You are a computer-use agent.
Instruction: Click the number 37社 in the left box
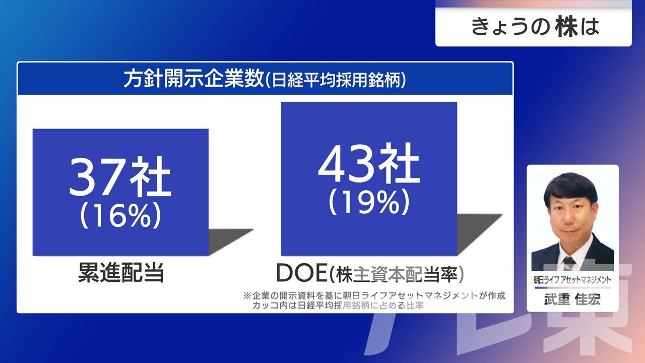120,176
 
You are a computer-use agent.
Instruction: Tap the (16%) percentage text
120,215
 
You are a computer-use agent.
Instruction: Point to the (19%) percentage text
369,202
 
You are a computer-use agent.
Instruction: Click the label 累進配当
121,273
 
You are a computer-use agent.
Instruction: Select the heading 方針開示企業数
193,79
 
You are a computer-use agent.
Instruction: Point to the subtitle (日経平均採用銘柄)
335,79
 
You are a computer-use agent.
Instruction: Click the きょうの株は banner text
535,27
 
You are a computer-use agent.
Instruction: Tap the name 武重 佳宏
572,299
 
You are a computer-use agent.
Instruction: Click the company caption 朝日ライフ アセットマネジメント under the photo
572,279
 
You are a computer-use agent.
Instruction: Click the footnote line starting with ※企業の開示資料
374,296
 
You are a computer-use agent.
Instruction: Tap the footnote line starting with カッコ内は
338,306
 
